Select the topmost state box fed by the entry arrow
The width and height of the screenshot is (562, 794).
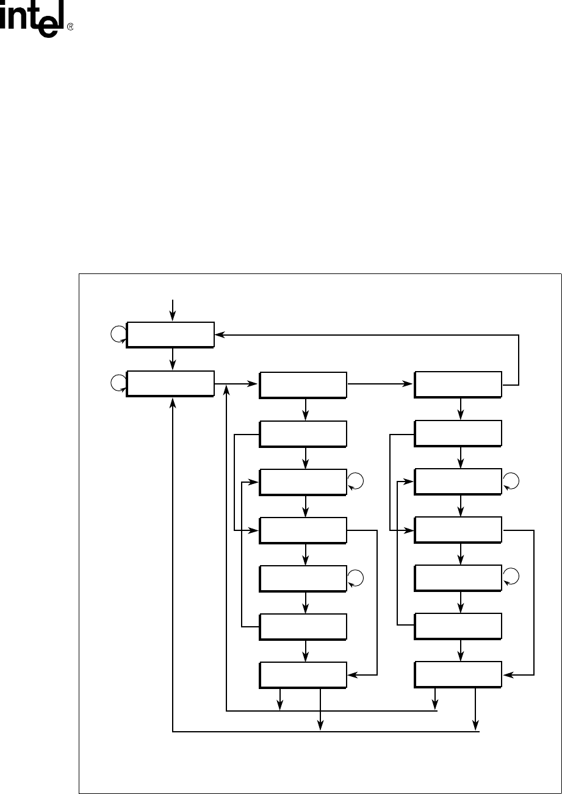(x=170, y=334)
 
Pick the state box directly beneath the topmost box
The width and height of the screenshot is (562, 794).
(x=170, y=383)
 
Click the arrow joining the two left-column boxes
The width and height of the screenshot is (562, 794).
(x=173, y=359)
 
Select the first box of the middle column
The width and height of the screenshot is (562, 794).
(x=303, y=384)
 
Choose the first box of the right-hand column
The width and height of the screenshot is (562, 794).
(x=458, y=384)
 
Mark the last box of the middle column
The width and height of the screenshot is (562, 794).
(x=303, y=675)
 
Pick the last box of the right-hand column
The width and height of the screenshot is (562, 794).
(x=458, y=675)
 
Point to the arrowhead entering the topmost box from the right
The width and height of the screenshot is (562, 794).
(x=219, y=334)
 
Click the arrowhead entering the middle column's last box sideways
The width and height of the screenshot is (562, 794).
(x=351, y=675)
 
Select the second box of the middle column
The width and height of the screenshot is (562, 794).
(x=303, y=433)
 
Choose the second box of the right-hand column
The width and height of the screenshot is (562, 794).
(x=458, y=433)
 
